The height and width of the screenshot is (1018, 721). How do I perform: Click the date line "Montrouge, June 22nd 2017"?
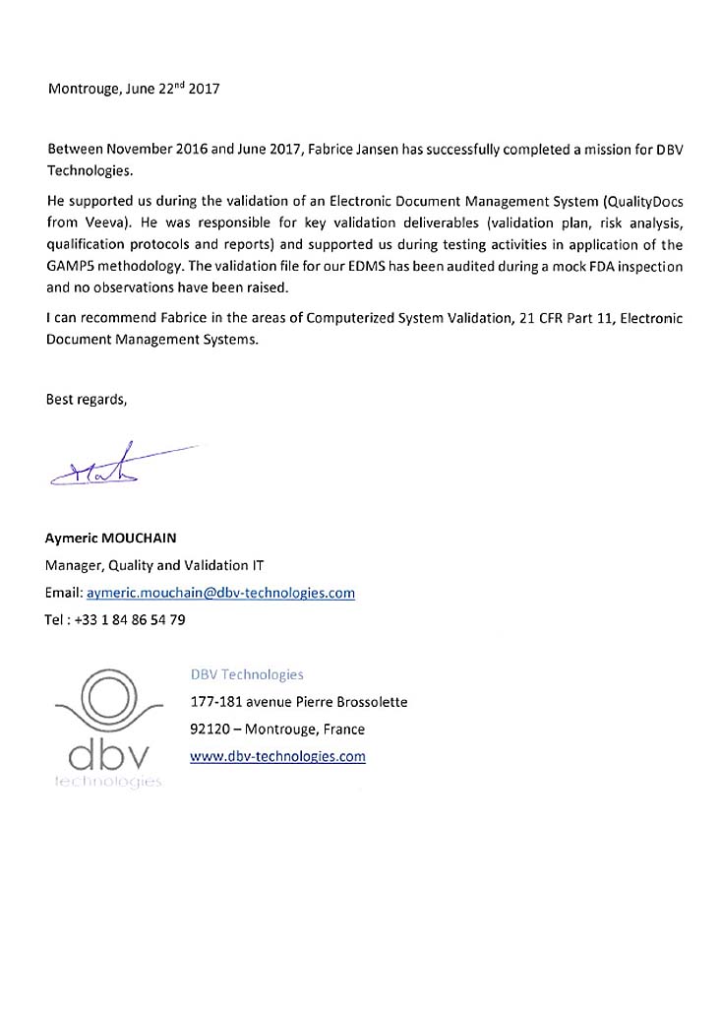tap(134, 88)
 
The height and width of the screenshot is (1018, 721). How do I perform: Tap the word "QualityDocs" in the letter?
tap(642, 201)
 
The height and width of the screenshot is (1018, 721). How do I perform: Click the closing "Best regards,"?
tap(87, 399)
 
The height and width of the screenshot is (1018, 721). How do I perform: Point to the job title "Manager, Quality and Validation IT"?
tap(154, 565)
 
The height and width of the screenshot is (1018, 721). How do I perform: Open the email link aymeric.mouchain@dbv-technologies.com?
tap(220, 593)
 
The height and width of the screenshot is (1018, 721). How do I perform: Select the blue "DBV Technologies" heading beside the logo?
tap(247, 674)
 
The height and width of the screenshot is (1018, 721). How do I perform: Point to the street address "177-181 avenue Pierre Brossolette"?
tap(298, 702)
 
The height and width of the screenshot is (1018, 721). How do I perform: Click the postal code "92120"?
tap(212, 730)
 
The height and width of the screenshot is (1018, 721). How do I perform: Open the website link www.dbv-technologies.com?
tap(277, 756)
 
